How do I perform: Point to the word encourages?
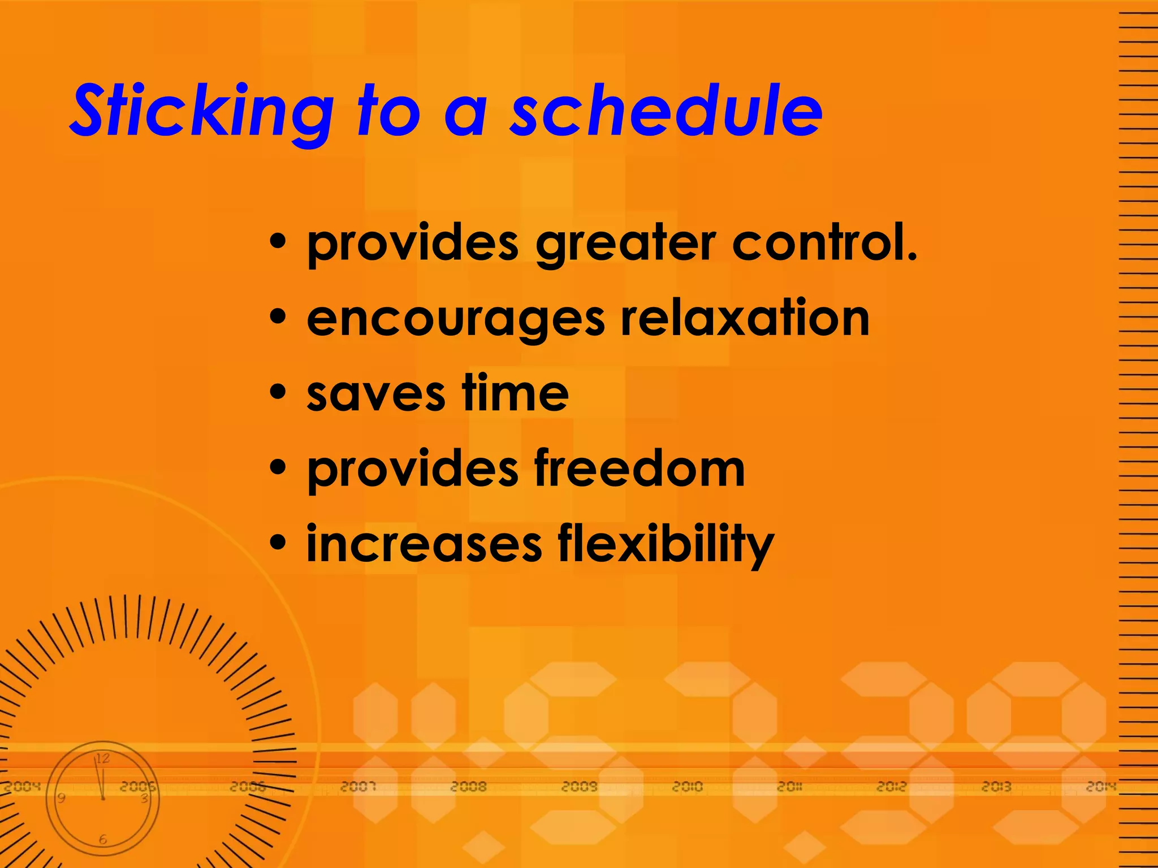[x=456, y=320]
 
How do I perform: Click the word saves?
[x=375, y=394]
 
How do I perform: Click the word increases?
[x=424, y=544]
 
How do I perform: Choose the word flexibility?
[x=666, y=545]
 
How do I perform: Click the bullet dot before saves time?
[x=278, y=392]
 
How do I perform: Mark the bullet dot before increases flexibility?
[x=278, y=543]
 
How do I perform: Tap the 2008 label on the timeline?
[x=469, y=787]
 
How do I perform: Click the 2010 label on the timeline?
[x=687, y=787]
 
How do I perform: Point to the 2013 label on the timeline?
[x=996, y=787]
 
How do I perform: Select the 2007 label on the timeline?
[x=358, y=787]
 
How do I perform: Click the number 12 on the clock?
[x=102, y=758]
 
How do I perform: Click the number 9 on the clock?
[x=61, y=798]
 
